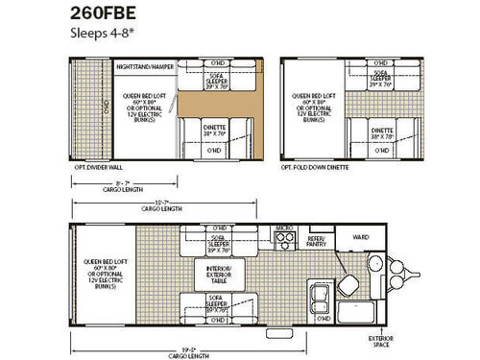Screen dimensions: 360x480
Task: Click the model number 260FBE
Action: [x=103, y=12]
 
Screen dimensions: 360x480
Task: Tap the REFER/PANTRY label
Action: [x=318, y=242]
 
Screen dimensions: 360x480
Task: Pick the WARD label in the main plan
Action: [x=362, y=237]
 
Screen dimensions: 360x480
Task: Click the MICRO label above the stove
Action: [x=283, y=229]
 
